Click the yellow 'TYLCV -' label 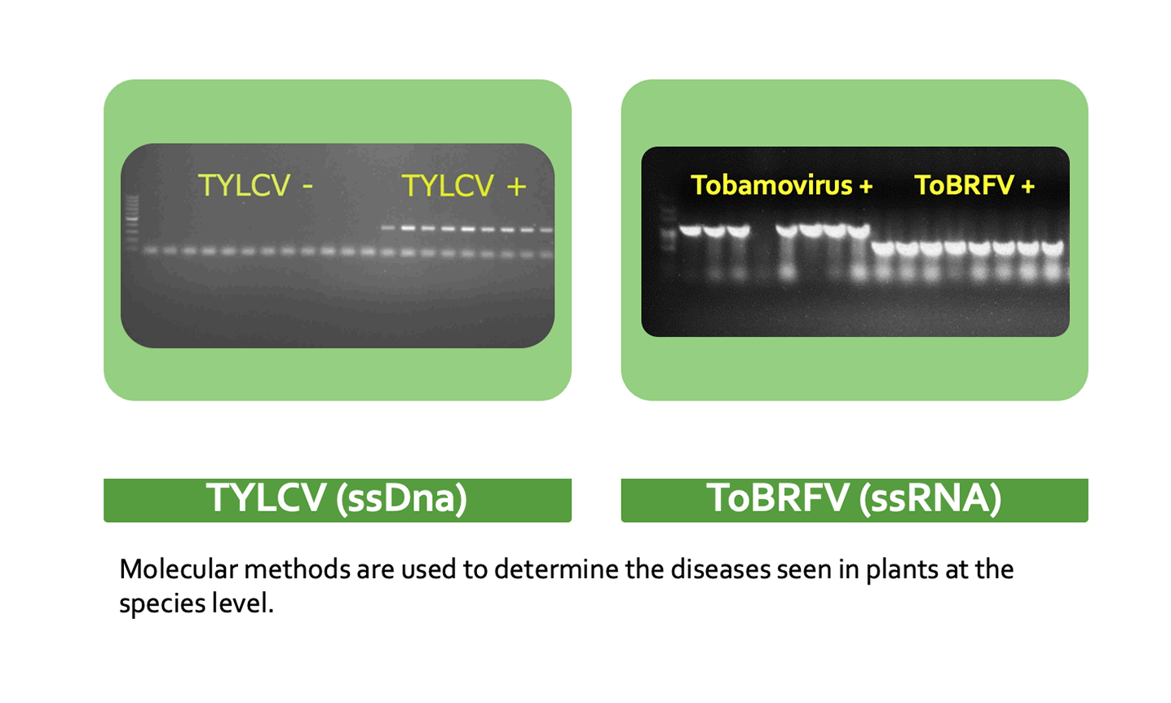[255, 186]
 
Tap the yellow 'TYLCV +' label [464, 186]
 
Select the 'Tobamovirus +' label [781, 185]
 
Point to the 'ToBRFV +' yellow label [974, 185]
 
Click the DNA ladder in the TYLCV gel [132, 222]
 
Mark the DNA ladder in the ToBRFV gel [669, 230]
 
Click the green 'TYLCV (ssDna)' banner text [337, 498]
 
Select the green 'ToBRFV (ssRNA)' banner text [855, 498]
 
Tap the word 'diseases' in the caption [721, 569]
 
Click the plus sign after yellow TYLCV [516, 187]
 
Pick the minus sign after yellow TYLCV [308, 187]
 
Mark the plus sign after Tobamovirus [866, 186]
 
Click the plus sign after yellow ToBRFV [1027, 186]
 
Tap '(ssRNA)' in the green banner [931, 498]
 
